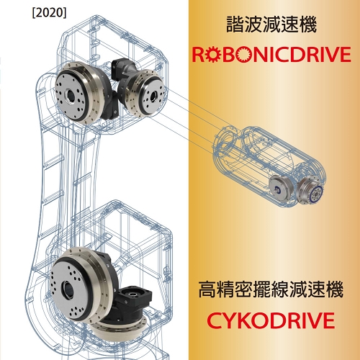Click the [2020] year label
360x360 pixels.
49,13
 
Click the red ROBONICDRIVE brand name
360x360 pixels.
271,54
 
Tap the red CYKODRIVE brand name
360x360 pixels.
271,320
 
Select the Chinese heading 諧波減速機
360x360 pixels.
271,24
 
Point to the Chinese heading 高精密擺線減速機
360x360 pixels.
271,289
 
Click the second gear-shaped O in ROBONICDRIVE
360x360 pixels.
243,55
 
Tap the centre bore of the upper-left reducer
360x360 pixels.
71,96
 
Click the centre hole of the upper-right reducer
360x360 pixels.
153,96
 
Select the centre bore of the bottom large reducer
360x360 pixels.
67,289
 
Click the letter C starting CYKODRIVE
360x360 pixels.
215,320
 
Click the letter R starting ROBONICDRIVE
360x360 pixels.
198,55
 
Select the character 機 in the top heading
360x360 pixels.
308,24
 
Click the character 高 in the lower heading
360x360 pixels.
207,289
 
